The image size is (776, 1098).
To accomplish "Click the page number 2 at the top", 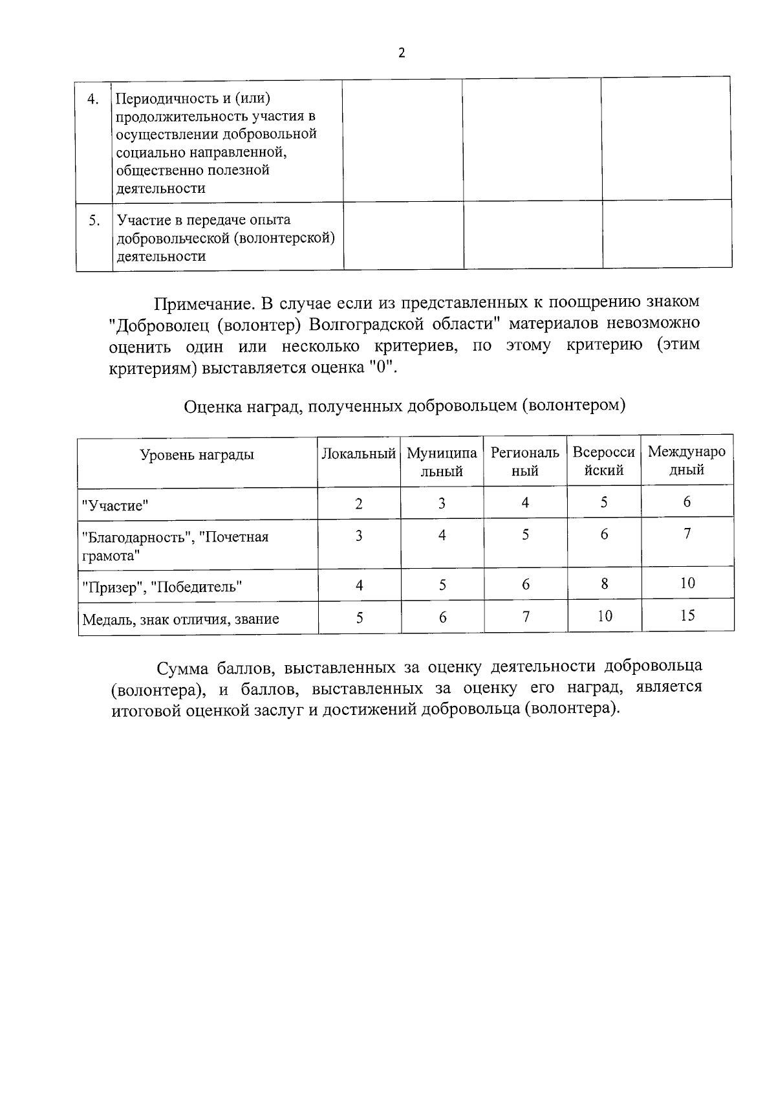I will click(x=401, y=53).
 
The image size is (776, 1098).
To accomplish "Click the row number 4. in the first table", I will click(x=93, y=99).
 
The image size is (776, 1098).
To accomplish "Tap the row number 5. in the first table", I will click(x=94, y=221).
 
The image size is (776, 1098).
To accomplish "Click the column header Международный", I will click(x=687, y=461).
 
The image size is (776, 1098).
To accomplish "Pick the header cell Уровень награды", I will click(x=197, y=454).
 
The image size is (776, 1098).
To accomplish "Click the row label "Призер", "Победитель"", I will click(x=162, y=587).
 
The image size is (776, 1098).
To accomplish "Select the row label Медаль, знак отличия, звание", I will click(x=180, y=619).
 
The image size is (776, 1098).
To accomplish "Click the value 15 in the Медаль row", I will click(x=687, y=615).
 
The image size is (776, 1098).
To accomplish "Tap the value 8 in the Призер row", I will click(x=604, y=584).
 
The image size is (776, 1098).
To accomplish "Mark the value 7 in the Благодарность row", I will click(x=687, y=534).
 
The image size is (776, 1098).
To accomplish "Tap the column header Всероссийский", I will click(x=604, y=461).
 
